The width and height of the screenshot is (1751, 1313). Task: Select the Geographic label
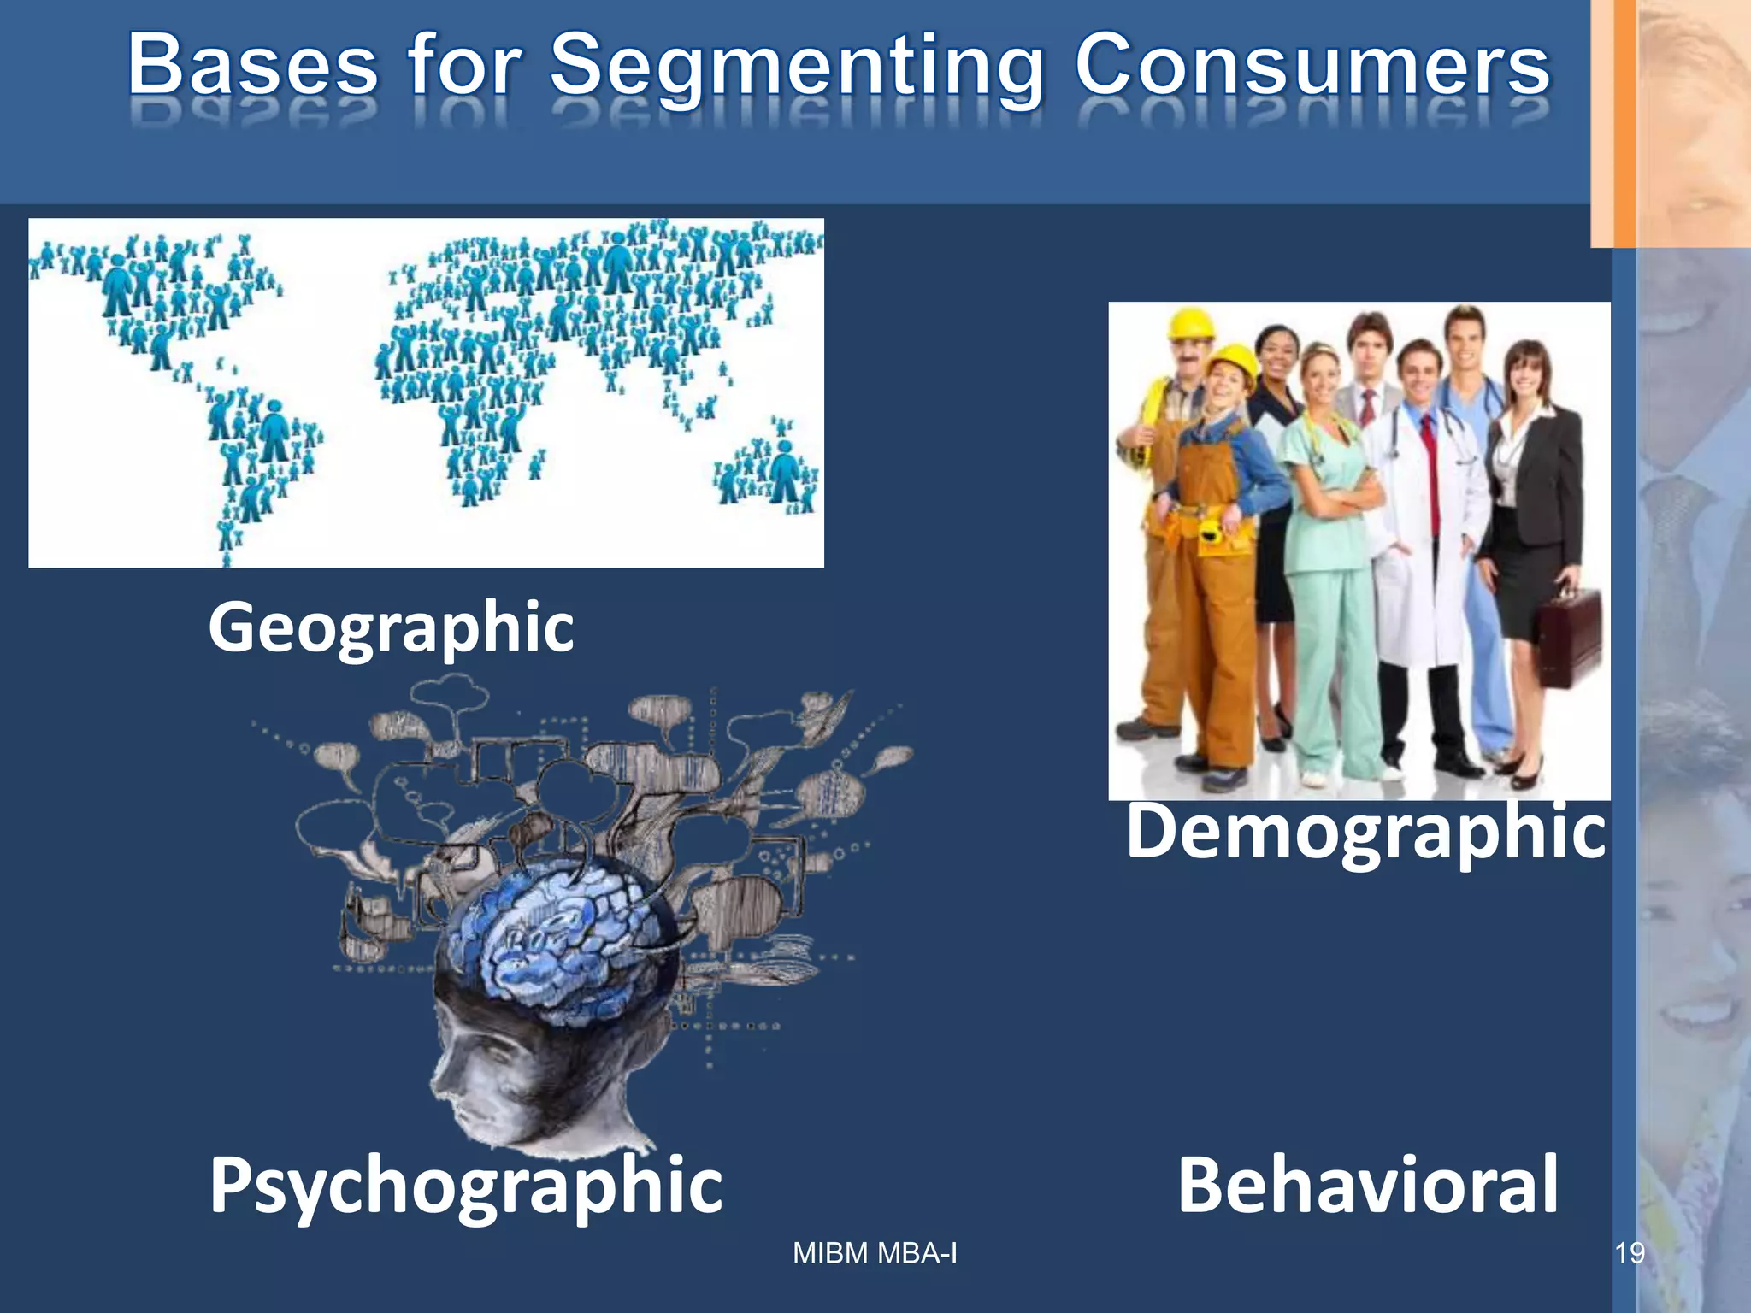click(x=391, y=628)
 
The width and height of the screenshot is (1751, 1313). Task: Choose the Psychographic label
click(x=466, y=1186)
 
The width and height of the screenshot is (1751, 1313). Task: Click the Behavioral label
click(x=1368, y=1186)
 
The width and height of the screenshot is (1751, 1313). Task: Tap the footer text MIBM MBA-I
click(x=875, y=1253)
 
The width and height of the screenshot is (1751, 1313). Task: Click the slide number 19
click(x=1629, y=1253)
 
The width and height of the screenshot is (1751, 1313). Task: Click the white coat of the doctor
click(x=1411, y=547)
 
